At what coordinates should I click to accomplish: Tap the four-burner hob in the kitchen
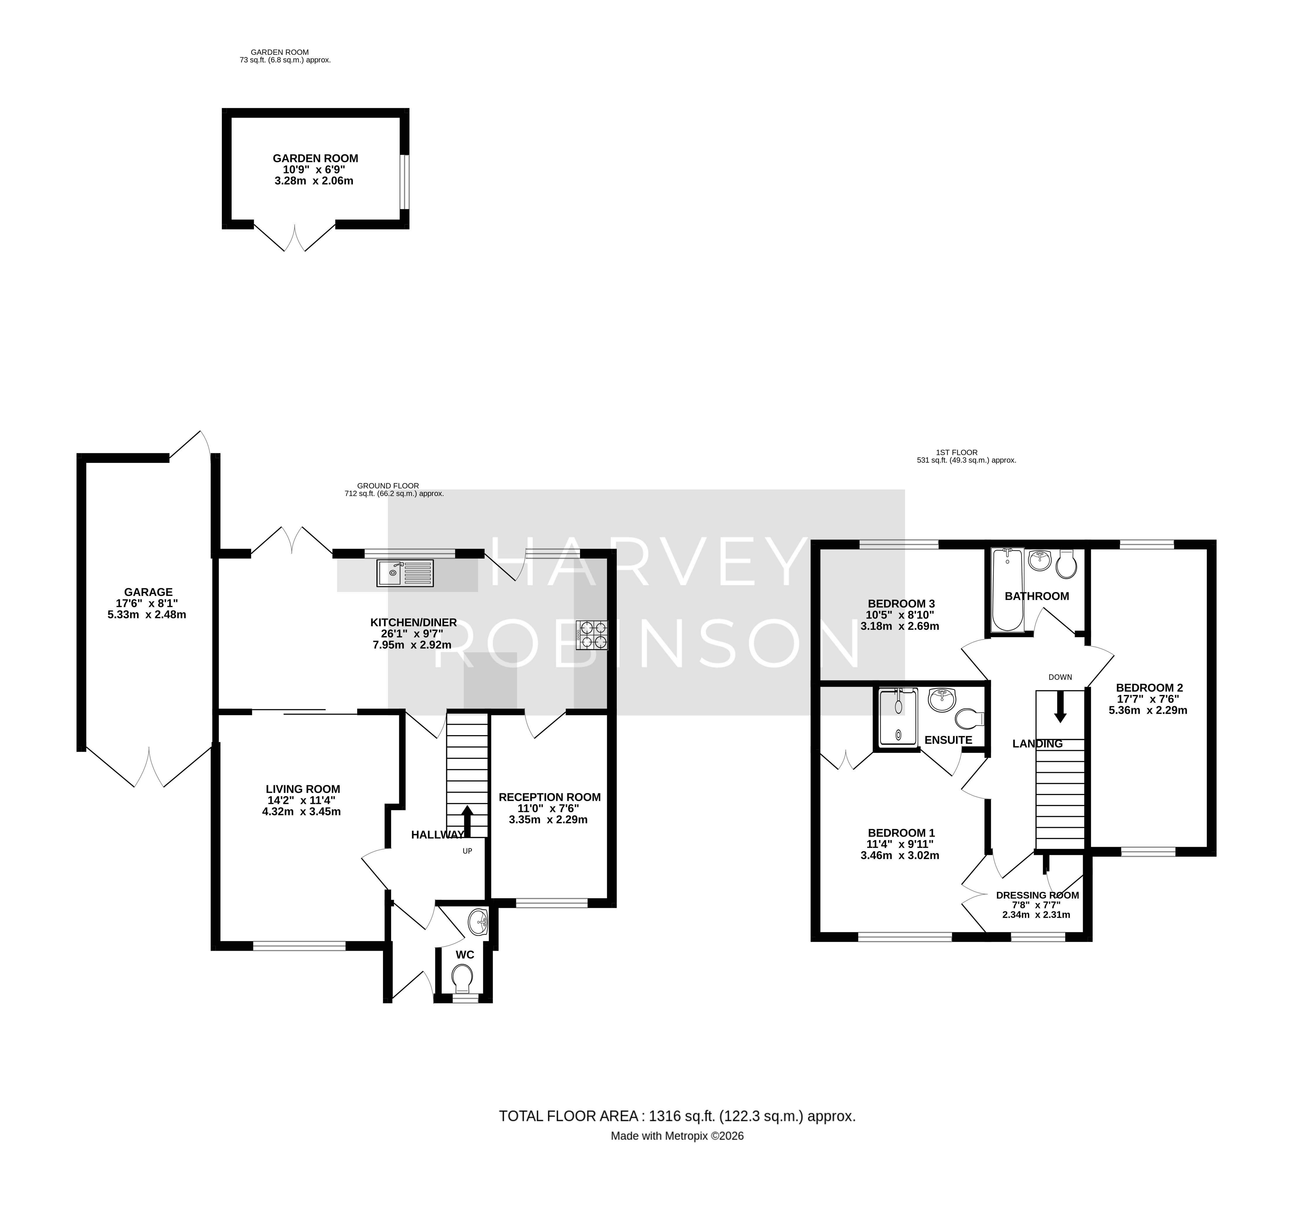click(x=592, y=635)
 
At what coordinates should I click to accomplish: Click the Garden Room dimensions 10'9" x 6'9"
click(x=315, y=169)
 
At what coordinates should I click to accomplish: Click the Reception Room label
click(x=550, y=797)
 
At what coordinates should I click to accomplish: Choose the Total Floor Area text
click(x=677, y=1116)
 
